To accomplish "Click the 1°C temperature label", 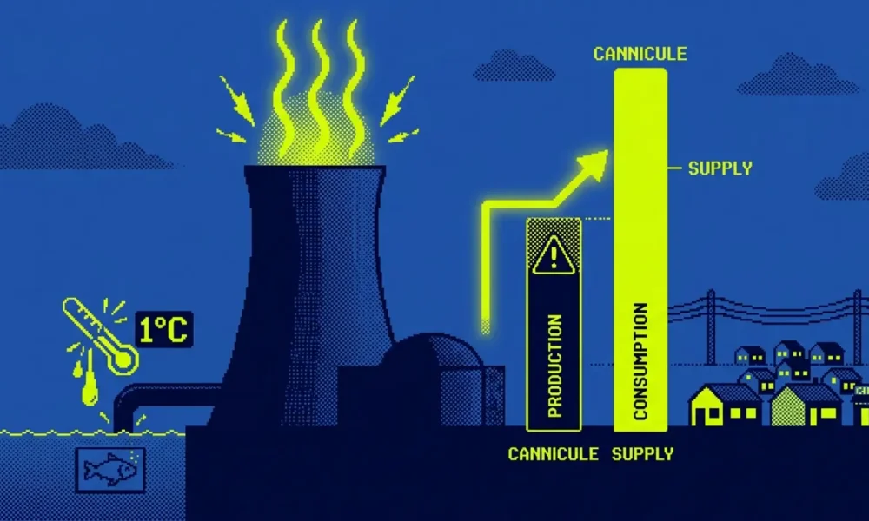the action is (x=164, y=329).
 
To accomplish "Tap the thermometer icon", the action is (x=100, y=335).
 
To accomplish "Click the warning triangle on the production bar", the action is (x=553, y=255).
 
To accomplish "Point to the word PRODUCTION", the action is (x=554, y=366).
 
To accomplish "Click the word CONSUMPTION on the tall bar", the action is (x=640, y=361).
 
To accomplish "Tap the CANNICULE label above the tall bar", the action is (x=640, y=54).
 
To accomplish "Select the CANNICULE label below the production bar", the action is (x=553, y=454).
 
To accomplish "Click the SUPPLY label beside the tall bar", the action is (x=720, y=168).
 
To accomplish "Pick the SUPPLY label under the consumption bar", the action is (x=643, y=454).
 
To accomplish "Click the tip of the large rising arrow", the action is (x=608, y=151).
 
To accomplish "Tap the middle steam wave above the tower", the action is (x=319, y=89).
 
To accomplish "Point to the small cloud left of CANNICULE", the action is (x=514, y=67).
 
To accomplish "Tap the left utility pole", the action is (x=711, y=326).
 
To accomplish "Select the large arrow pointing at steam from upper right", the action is (x=397, y=101).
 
